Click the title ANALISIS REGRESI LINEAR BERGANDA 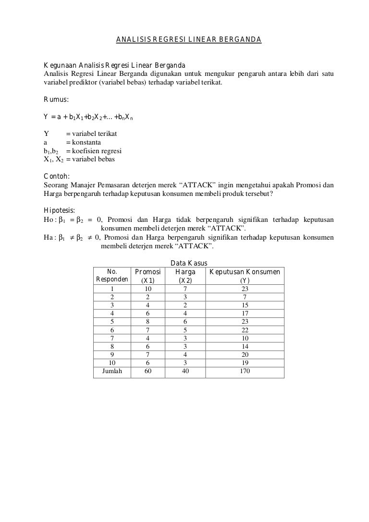point(188,40)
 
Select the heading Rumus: point(56,100)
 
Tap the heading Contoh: point(57,176)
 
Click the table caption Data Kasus point(189,263)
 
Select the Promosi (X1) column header point(148,276)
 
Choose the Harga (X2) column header point(185,276)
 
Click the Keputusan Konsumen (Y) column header point(245,276)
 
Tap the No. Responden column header point(112,276)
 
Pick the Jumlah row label point(112,371)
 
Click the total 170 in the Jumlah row point(245,371)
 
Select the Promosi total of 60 point(148,371)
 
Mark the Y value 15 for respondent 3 point(245,305)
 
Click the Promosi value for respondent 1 point(148,289)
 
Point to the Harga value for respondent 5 point(185,321)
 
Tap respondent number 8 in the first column point(112,346)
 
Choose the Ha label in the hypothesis point(49,237)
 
